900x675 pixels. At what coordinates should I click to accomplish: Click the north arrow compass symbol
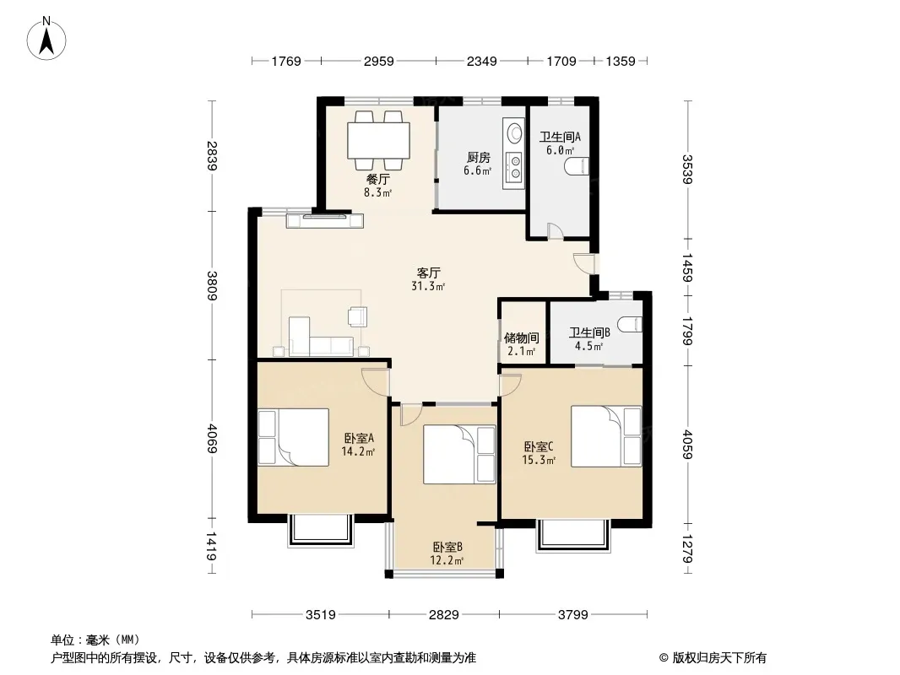pyautogui.click(x=46, y=38)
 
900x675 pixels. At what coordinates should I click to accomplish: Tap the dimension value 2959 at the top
pyautogui.click(x=379, y=61)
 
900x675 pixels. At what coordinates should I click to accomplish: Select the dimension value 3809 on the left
pyautogui.click(x=213, y=285)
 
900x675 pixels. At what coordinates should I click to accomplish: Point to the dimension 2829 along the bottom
pyautogui.click(x=444, y=615)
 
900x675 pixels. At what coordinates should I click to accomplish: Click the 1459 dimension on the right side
pyautogui.click(x=686, y=267)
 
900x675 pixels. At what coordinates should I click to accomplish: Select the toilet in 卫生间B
pyautogui.click(x=632, y=325)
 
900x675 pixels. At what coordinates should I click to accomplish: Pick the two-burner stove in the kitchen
pyautogui.click(x=514, y=166)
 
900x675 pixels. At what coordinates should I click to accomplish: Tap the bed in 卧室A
pyautogui.click(x=293, y=437)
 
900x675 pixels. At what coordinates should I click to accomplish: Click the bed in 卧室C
pyautogui.click(x=606, y=436)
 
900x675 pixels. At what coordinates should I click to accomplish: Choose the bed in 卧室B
pyautogui.click(x=459, y=455)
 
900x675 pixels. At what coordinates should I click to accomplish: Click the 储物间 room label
pyautogui.click(x=521, y=337)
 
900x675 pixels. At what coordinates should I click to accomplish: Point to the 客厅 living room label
pyautogui.click(x=429, y=273)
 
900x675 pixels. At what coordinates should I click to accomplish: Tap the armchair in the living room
pyautogui.click(x=357, y=316)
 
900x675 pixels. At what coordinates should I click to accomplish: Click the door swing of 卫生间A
pyautogui.click(x=556, y=231)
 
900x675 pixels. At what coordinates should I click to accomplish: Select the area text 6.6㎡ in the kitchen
pyautogui.click(x=478, y=170)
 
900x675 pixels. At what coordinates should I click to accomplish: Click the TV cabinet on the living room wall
pyautogui.click(x=325, y=221)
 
